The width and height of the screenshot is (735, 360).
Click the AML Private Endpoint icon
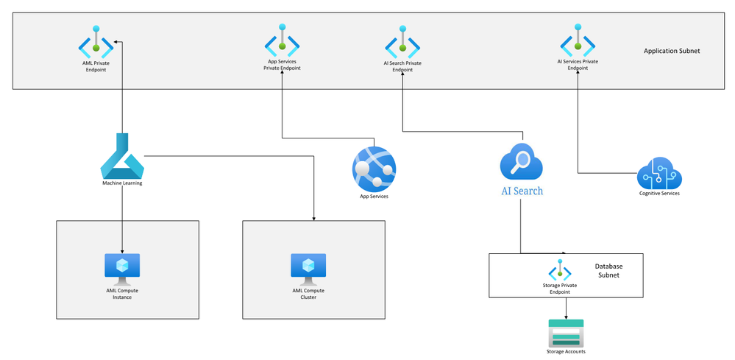96,42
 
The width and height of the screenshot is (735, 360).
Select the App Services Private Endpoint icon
282,40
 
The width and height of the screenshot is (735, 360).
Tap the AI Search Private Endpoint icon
402,42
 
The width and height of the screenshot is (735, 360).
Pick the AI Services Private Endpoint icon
578,40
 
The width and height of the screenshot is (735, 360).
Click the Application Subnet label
672,51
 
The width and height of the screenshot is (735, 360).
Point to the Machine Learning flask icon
122,155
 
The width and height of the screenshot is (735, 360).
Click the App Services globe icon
374,169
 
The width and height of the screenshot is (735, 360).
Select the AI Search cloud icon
521,161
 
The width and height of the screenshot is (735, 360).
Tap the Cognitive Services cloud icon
659,174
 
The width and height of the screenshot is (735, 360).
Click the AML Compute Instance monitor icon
122,269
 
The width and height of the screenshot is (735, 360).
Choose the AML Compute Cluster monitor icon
308,269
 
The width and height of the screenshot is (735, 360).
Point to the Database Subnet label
608,270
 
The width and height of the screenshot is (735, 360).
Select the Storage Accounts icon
566,333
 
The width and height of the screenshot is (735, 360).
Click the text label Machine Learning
122,183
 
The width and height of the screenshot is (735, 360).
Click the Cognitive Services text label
659,193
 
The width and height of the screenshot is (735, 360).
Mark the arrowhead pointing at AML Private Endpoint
116,43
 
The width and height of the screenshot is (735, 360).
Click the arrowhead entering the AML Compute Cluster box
313,219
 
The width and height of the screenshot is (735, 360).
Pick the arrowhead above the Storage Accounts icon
567,317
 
